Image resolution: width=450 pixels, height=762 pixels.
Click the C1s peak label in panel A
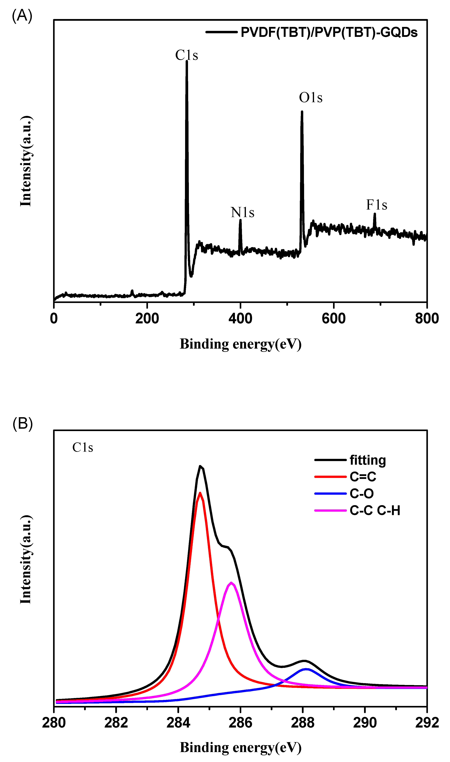tap(186, 55)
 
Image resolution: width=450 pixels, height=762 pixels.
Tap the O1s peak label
tap(310, 98)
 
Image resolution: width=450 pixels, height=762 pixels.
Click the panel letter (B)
tap(22, 424)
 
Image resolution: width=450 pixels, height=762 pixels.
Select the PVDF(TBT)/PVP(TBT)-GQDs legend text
tap(329, 32)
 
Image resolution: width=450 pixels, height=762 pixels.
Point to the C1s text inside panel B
tap(83, 448)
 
